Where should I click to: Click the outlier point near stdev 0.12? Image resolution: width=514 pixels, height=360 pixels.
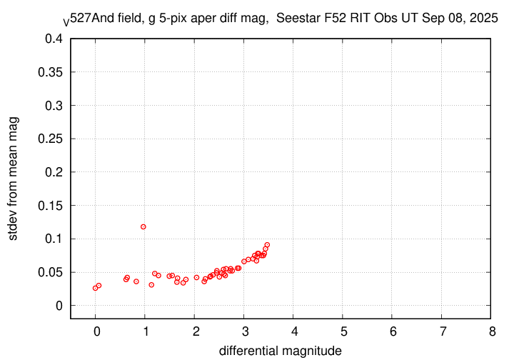(143, 226)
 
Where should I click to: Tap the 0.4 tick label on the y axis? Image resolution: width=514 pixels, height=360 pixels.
(54, 39)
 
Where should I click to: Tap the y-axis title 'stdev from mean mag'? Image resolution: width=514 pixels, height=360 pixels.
(14, 179)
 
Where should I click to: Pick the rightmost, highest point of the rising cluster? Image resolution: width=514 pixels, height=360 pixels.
(267, 245)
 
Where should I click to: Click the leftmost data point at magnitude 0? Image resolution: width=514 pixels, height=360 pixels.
(95, 288)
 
